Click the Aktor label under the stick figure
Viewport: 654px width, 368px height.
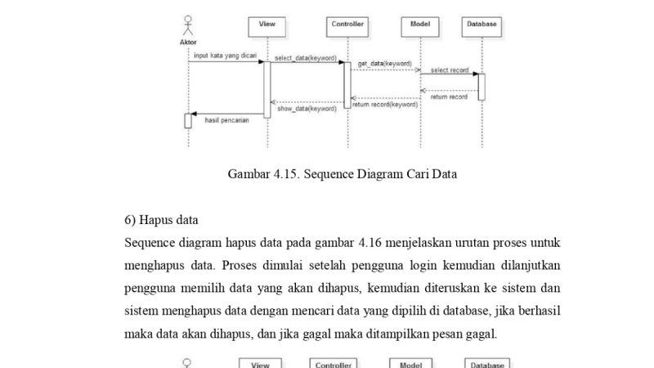[x=188, y=42]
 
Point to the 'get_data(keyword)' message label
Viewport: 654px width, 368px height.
[x=384, y=63]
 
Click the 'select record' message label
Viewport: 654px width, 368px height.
[x=450, y=70]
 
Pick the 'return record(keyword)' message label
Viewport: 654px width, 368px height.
[x=385, y=105]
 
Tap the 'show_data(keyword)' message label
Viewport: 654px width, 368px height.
[x=307, y=108]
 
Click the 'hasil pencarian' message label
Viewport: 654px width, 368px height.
[x=226, y=119]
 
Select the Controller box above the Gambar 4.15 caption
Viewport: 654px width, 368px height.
[x=347, y=25]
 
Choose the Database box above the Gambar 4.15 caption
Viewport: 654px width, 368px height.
[x=482, y=25]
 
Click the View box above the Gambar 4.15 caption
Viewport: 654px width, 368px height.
[x=267, y=25]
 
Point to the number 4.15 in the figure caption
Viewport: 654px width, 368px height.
[x=286, y=173]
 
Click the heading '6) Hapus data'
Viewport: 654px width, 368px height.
[x=161, y=220]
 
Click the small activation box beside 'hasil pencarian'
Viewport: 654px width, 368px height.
[x=188, y=121]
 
